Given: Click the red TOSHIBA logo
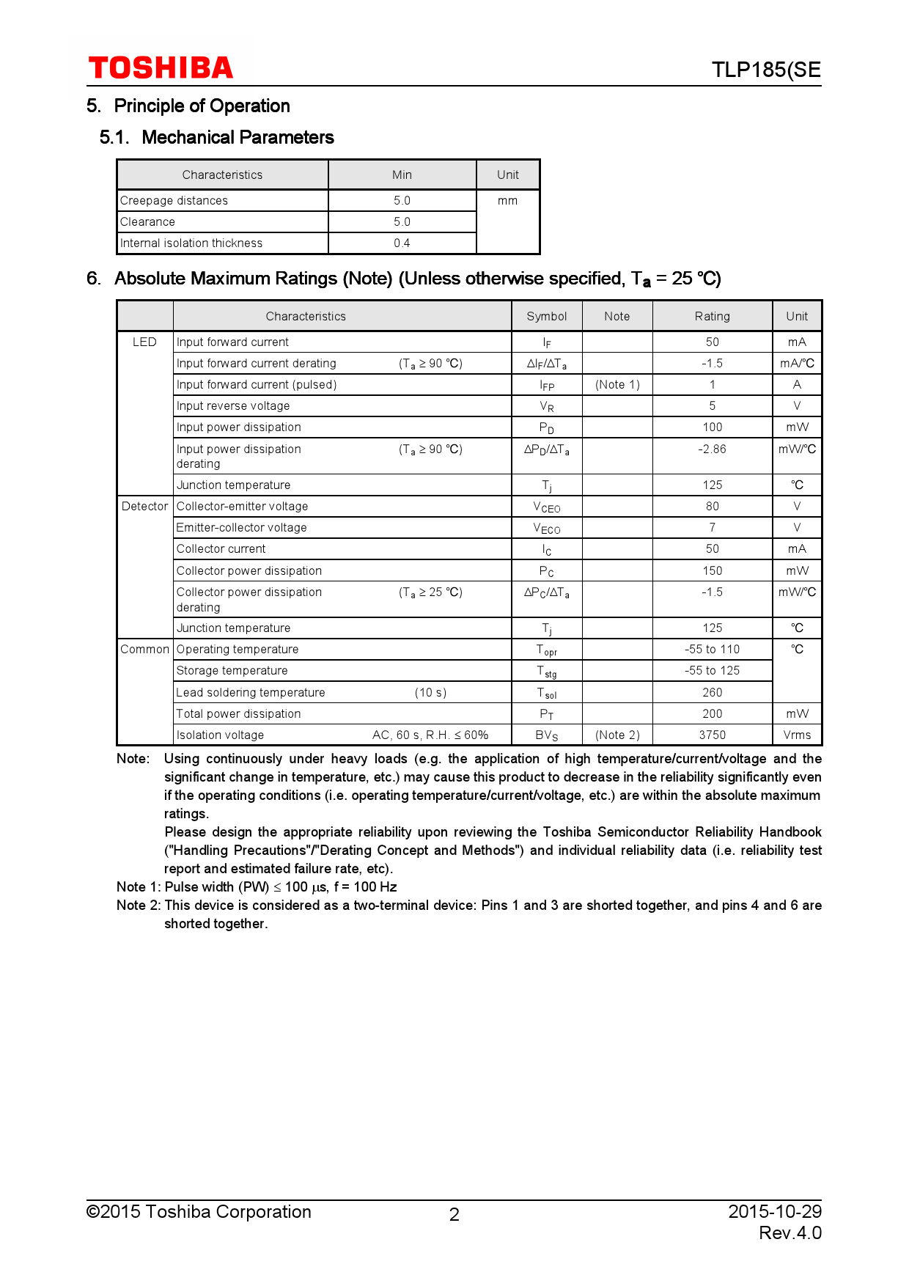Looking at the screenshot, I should tap(161, 68).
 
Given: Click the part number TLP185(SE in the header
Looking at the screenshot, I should tap(765, 70).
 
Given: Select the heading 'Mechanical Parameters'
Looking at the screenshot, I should tap(238, 138).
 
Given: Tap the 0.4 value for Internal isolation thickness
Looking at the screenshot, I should tap(402, 243).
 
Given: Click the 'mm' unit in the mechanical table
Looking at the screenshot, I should tap(507, 201).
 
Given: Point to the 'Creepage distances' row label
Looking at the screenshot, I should tap(174, 201).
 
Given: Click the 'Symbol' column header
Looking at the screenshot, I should tap(546, 317).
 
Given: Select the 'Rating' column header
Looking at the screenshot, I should tap(712, 317).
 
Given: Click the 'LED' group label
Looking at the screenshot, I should tap(144, 342).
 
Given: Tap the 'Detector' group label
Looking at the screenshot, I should tap(144, 507).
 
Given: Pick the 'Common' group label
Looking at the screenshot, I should tap(144, 650).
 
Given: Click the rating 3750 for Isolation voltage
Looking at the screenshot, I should tap(712, 735).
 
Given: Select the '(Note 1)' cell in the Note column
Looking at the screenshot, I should tap(617, 385).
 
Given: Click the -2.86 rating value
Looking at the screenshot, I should tap(712, 449).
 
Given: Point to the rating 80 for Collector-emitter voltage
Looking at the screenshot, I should tap(712, 507).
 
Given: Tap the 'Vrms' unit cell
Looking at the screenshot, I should tap(797, 735).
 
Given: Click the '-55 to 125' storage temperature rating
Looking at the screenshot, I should tap(712, 671).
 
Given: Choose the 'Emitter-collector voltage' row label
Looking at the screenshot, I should tap(242, 528).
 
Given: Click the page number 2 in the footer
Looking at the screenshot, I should tap(454, 1215).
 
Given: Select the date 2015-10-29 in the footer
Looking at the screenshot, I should tap(774, 1211).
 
